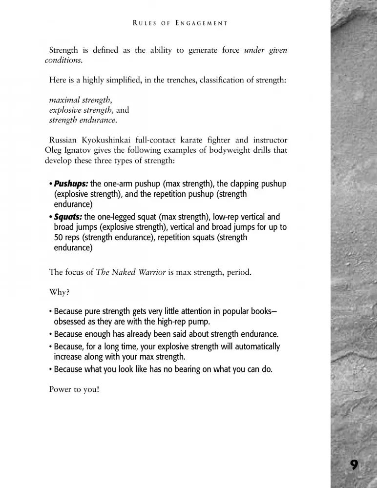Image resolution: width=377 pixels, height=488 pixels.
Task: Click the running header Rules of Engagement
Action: click(x=180, y=23)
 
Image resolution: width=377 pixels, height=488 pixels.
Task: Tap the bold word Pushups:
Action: click(x=71, y=184)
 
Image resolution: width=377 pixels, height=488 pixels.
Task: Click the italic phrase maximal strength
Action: click(x=80, y=100)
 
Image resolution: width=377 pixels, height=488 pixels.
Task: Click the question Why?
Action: click(x=59, y=292)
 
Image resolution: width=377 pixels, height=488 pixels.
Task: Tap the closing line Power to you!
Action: click(x=74, y=390)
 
